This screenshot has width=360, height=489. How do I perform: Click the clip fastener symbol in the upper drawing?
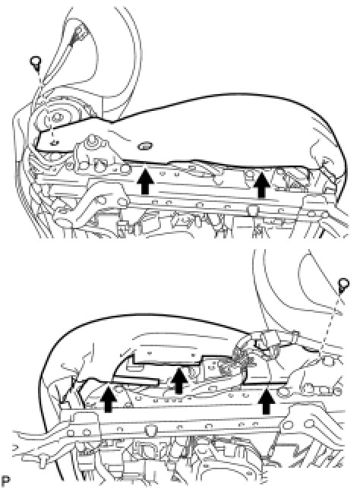[x=36, y=63]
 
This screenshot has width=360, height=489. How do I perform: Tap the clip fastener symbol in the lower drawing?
[x=343, y=285]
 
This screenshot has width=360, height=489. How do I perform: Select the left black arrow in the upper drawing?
[x=144, y=181]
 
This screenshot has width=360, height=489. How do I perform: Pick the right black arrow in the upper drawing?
[x=262, y=185]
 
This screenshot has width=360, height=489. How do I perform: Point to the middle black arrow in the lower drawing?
[x=178, y=380]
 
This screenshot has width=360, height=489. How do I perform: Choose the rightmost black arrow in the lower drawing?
[x=267, y=401]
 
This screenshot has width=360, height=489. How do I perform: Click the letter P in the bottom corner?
[x=5, y=481]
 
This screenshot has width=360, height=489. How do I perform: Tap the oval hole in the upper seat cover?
[x=144, y=145]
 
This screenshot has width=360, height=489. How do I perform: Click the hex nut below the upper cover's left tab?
[x=93, y=142]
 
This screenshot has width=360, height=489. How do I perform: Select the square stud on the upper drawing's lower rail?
[x=254, y=210]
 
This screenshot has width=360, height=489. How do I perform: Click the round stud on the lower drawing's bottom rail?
[x=150, y=431]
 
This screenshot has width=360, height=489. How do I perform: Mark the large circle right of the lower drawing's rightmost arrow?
[x=283, y=392]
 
